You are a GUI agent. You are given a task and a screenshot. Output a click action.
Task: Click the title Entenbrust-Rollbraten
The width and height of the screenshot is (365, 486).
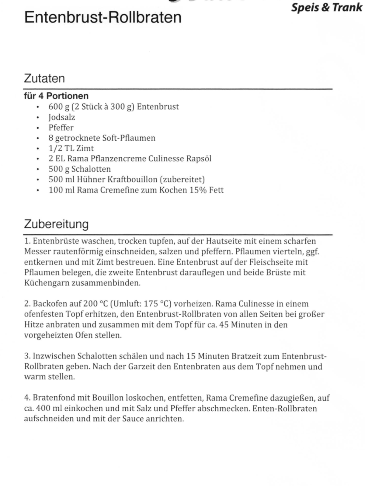click(103, 17)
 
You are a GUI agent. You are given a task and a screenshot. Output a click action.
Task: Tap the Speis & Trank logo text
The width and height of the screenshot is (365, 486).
click(327, 7)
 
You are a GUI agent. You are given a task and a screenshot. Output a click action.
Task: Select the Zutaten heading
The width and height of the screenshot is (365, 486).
click(44, 78)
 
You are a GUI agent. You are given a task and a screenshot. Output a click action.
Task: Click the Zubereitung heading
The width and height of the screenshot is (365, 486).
click(56, 224)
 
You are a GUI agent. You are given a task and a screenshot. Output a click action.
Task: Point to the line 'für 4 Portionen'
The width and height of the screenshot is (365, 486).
click(56, 96)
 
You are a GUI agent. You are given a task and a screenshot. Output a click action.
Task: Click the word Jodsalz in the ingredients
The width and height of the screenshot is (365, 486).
click(62, 117)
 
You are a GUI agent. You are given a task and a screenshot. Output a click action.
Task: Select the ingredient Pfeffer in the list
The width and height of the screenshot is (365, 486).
click(61, 128)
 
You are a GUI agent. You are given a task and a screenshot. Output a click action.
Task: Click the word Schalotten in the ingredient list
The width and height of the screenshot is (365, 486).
click(91, 169)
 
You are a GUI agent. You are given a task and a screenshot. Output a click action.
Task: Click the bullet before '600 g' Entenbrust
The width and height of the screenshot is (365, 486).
click(37, 107)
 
